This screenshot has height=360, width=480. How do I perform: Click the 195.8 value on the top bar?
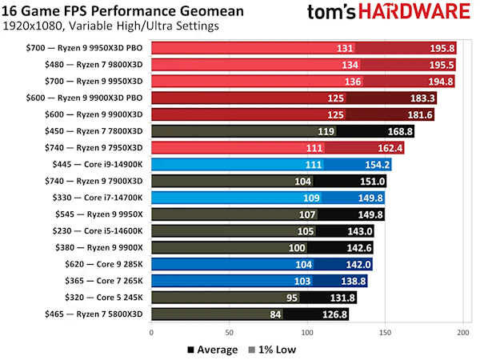click(x=442, y=48)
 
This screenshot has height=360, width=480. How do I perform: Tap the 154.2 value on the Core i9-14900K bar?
click(x=377, y=165)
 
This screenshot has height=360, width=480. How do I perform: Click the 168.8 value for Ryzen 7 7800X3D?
click(x=399, y=131)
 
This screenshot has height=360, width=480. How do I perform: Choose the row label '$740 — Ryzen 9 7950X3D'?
click(x=103, y=148)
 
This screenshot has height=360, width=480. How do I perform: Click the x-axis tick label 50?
click(x=229, y=332)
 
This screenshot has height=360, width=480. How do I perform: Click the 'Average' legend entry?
click(x=211, y=349)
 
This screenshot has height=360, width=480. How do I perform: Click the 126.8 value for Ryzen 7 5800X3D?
click(x=334, y=314)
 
